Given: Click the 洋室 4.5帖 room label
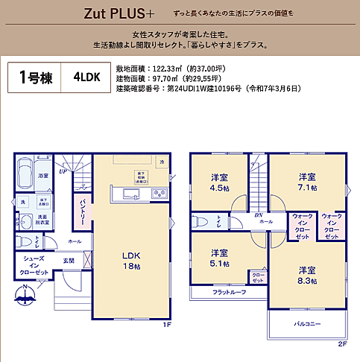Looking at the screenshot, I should tap(218, 182).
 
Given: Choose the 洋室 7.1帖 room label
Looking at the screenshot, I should tap(307, 182).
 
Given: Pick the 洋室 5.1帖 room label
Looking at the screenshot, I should tap(218, 257).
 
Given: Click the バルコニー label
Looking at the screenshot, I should tap(306, 323).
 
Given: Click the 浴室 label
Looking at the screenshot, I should tap(43, 175).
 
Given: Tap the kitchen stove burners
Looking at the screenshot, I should tap(159, 194).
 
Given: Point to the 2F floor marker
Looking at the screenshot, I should tap(343, 344).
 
